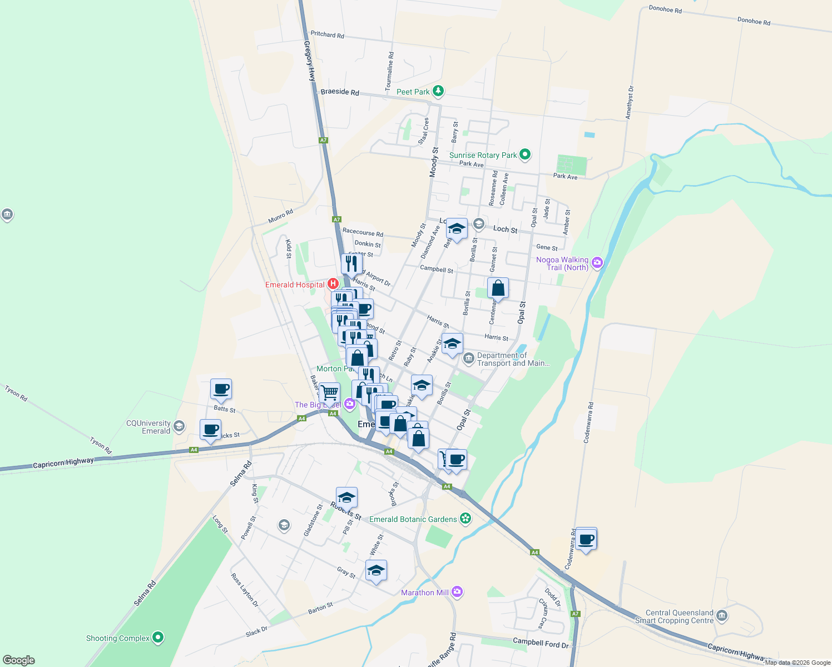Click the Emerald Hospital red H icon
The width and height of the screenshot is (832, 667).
(x=333, y=284)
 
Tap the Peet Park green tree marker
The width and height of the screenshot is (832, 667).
(x=438, y=91)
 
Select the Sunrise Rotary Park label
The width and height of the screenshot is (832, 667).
(x=483, y=155)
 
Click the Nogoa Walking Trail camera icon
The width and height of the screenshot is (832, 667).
(x=597, y=262)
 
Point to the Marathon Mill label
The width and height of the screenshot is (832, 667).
(x=424, y=593)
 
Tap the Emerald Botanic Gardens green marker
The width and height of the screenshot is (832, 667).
(x=466, y=519)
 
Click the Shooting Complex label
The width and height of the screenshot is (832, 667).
(x=117, y=638)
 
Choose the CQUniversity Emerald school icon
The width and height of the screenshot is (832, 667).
(x=179, y=426)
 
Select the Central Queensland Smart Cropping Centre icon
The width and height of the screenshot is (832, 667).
(x=722, y=615)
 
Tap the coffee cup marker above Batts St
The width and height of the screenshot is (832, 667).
(x=221, y=389)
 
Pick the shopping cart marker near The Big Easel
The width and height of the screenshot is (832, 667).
(x=329, y=392)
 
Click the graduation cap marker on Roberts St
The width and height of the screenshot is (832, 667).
(x=346, y=497)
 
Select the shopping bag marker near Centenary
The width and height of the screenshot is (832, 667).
(x=498, y=288)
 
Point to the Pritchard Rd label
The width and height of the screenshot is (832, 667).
(x=327, y=34)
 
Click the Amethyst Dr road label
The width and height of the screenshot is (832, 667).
(x=630, y=102)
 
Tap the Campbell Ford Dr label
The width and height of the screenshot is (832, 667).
(x=541, y=643)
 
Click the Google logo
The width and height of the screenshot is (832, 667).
(x=19, y=660)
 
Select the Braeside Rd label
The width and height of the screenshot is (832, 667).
(x=339, y=92)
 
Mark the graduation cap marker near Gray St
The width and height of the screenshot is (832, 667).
(x=376, y=570)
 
